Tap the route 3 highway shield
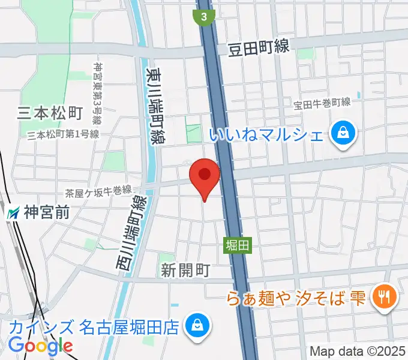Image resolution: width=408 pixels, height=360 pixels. [x=205, y=17]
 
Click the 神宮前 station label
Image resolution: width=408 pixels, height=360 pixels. [x=47, y=212]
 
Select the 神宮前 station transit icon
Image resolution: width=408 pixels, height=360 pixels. [x=13, y=212]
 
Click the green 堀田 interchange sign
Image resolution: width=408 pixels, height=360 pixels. [x=236, y=245]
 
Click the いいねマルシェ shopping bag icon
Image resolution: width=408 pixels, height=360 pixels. [x=344, y=133]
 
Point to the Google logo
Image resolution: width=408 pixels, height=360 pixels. [x=41, y=345]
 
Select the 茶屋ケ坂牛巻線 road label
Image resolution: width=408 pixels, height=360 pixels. [x=98, y=191]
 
